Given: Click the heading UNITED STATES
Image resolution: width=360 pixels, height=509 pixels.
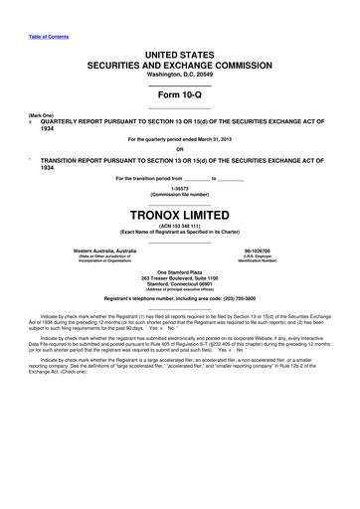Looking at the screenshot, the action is pyautogui.click(x=179, y=62).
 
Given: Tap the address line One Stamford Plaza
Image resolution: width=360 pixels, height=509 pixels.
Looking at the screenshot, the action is pyautogui.click(x=179, y=270).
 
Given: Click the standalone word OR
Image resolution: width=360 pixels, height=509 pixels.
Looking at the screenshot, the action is pyautogui.click(x=179, y=150).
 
